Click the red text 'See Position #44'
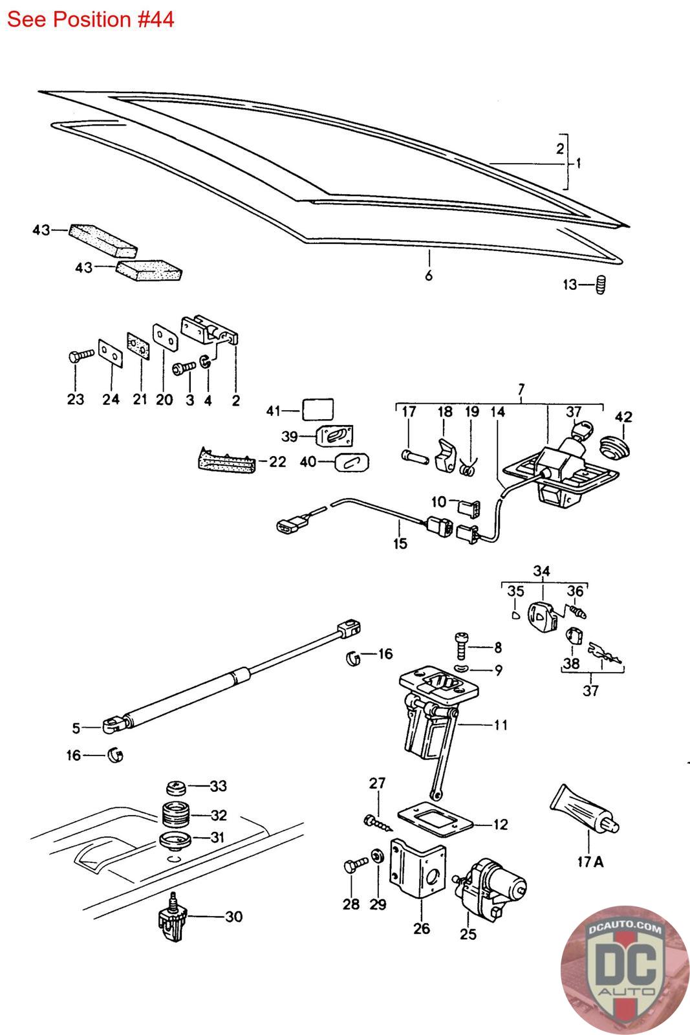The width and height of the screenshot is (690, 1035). click(91, 20)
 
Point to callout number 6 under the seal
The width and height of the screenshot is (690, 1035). click(429, 276)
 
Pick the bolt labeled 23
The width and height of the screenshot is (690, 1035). click(81, 356)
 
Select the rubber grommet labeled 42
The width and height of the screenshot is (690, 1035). click(615, 447)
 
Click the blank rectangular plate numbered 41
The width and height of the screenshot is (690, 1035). click(318, 409)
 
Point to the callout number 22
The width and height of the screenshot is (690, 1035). click(277, 462)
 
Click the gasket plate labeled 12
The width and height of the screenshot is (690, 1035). click(435, 822)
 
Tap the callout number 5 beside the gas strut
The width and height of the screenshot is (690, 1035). click(76, 728)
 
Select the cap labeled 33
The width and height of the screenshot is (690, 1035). click(176, 787)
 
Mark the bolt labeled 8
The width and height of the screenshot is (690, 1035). click(462, 646)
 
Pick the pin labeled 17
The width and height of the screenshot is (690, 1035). click(415, 457)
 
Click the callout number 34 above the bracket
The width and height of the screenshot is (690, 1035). click(542, 571)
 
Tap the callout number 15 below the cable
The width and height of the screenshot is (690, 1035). click(400, 543)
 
